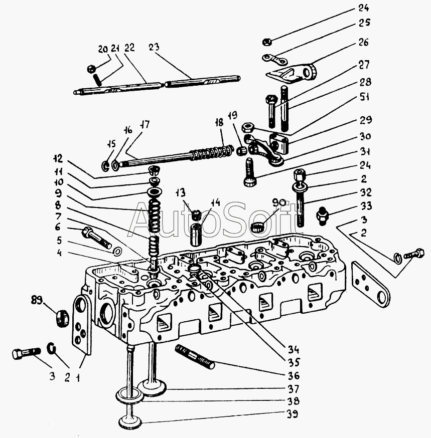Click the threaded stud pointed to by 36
click(195, 356)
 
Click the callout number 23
click(155, 48)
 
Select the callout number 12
click(59, 159)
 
